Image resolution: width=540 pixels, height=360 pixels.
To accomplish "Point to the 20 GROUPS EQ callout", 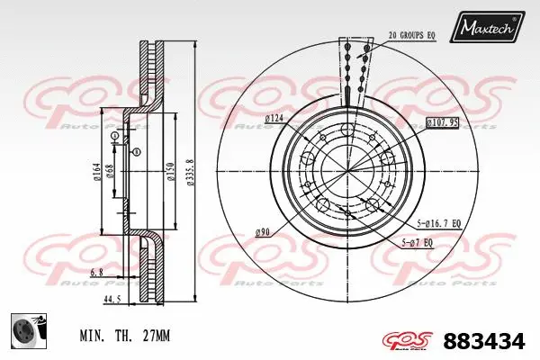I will point(412,35).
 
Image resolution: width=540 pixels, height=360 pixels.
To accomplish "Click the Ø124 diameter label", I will point(274,119).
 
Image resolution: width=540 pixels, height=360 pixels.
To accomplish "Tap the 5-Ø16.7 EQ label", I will point(438,223).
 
